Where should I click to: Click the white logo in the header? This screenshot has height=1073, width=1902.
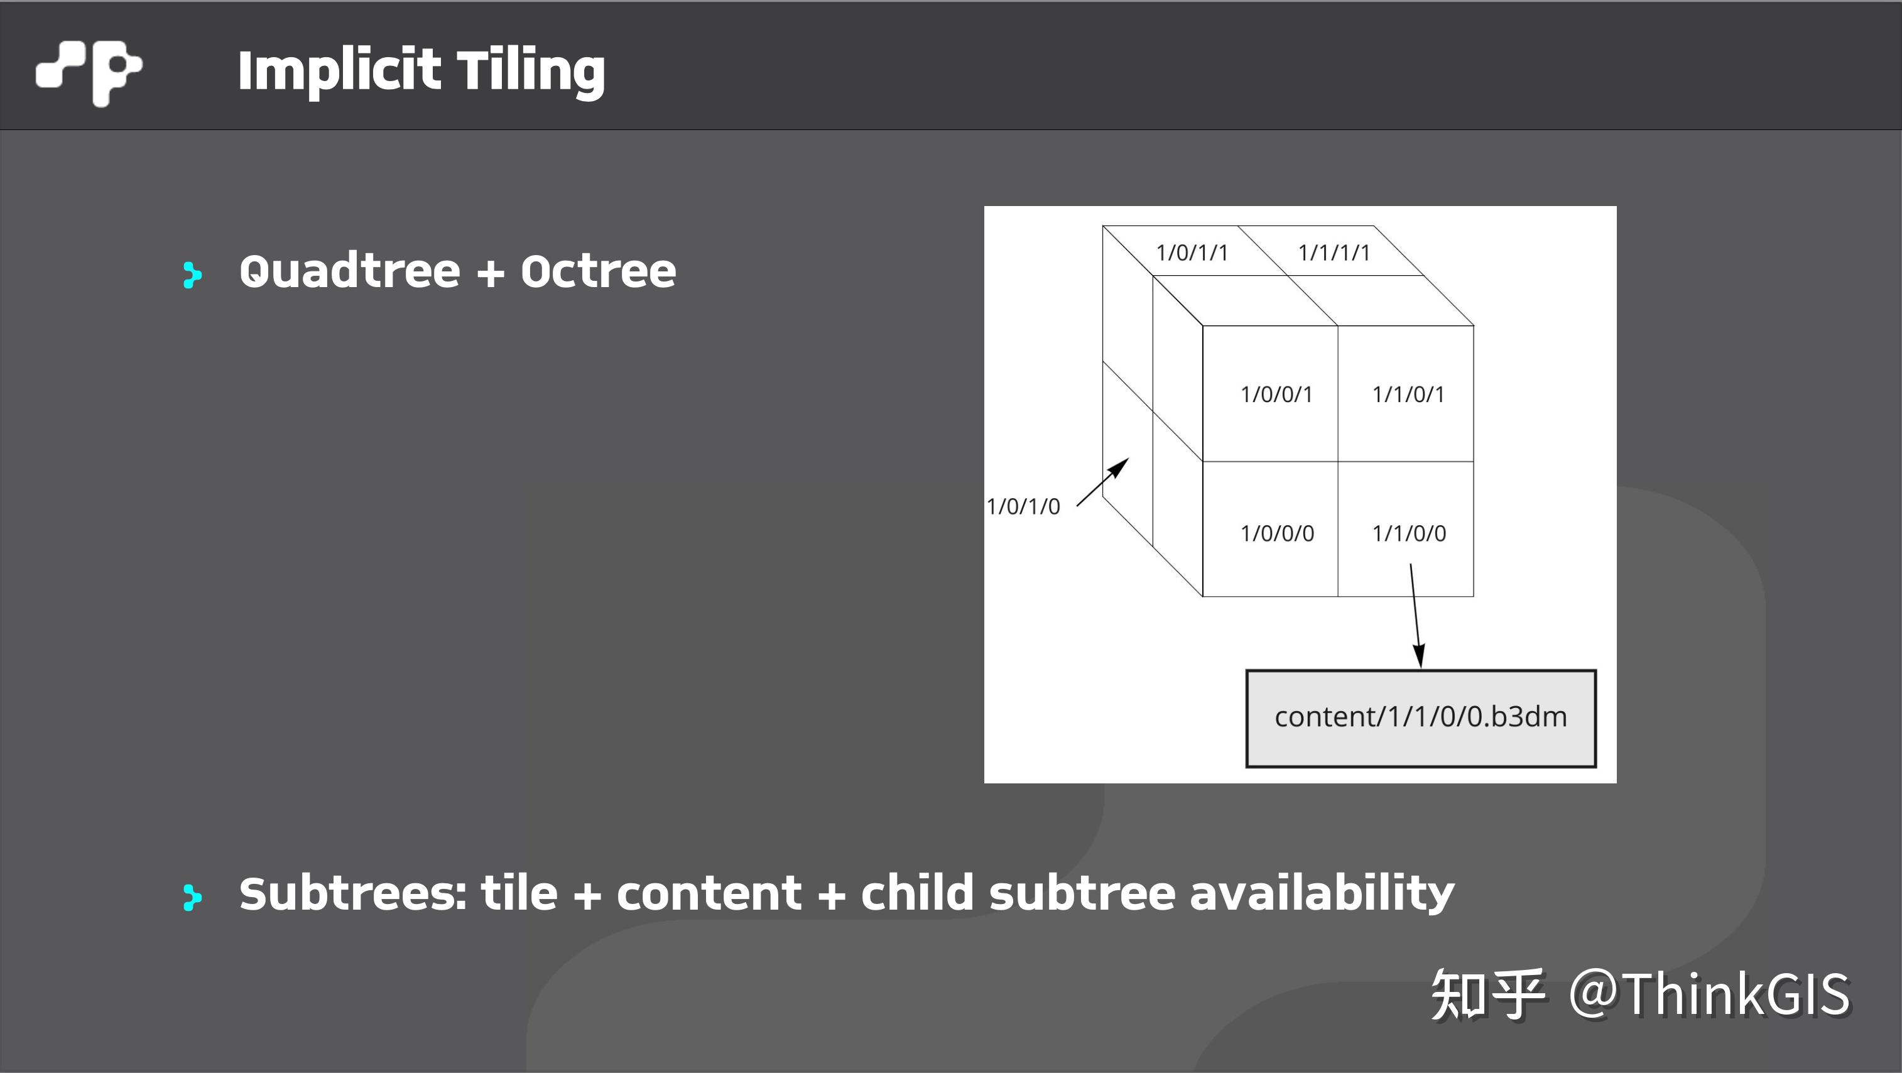point(89,71)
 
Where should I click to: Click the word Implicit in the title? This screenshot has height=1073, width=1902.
point(339,71)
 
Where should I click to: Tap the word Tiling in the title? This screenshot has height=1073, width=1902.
point(531,71)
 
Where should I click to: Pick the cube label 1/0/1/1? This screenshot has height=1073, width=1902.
point(1192,253)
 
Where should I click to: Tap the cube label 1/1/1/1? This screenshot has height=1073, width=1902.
point(1334,253)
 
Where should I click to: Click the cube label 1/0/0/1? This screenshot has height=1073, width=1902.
point(1276,395)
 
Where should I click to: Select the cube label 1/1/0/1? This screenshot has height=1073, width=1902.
point(1408,395)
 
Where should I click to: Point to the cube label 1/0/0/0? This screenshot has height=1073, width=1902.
point(1276,533)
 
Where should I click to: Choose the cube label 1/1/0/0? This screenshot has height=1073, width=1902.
point(1409,533)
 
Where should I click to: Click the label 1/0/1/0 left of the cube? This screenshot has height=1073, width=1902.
point(1023,506)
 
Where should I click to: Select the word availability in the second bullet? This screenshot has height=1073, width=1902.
point(1322,893)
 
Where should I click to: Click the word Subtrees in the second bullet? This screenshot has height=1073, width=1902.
point(353,893)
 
